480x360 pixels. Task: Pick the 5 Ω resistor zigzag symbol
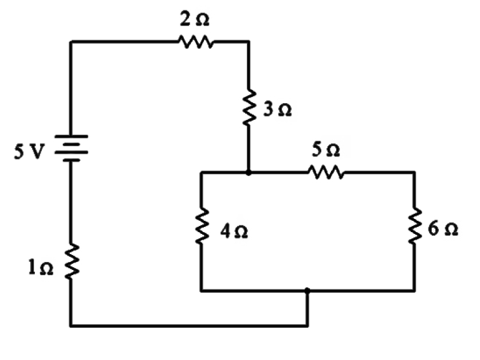(x=325, y=171)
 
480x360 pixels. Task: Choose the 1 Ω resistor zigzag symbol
(x=70, y=261)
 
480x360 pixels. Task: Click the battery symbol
(x=70, y=148)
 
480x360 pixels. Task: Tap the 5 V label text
(x=26, y=153)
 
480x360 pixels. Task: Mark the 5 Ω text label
(x=326, y=150)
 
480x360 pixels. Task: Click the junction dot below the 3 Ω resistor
(x=248, y=171)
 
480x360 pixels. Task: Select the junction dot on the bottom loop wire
(x=308, y=291)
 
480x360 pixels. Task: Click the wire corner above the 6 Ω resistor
(x=414, y=171)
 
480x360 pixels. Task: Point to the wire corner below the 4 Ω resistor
(x=201, y=291)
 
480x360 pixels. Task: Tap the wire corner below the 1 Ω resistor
(x=70, y=326)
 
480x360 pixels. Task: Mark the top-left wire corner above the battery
(x=70, y=42)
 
